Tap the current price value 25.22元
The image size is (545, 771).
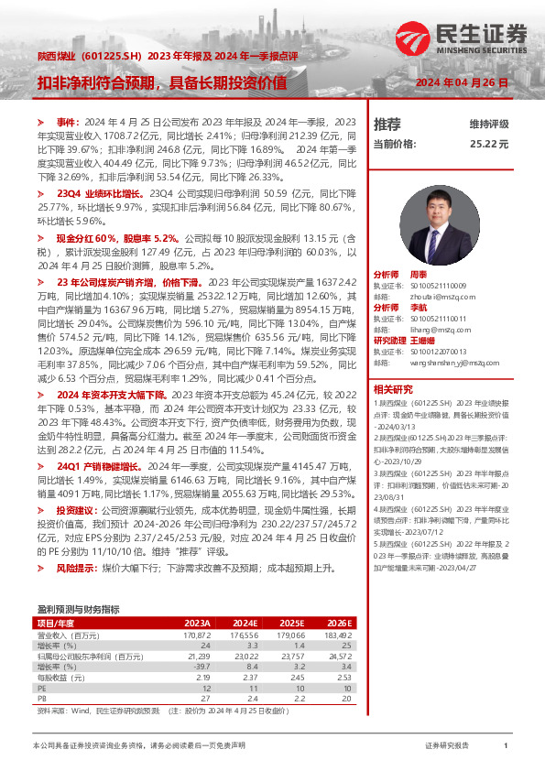(489, 144)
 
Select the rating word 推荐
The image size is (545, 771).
(387, 124)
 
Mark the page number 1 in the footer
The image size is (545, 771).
(506, 746)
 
